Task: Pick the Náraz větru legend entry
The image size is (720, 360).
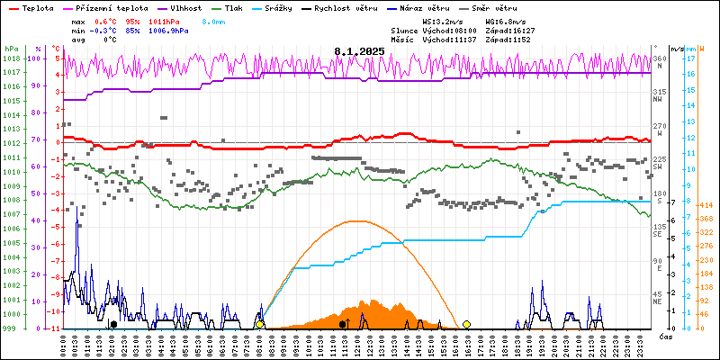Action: [x=434, y=7]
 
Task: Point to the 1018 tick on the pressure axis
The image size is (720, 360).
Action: [x=11, y=58]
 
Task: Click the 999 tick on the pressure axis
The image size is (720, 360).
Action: [x=11, y=328]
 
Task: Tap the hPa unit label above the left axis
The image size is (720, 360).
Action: [x=11, y=48]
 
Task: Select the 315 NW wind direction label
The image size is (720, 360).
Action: [x=660, y=95]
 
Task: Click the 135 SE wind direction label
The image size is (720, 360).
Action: [x=660, y=230]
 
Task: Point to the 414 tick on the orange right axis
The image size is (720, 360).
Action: [x=705, y=205]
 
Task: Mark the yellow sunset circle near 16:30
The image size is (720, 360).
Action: [x=466, y=324]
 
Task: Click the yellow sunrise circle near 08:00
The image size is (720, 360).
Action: [x=260, y=324]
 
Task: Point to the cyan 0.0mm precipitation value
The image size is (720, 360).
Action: [x=214, y=21]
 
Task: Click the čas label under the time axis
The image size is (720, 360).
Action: [x=666, y=337]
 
